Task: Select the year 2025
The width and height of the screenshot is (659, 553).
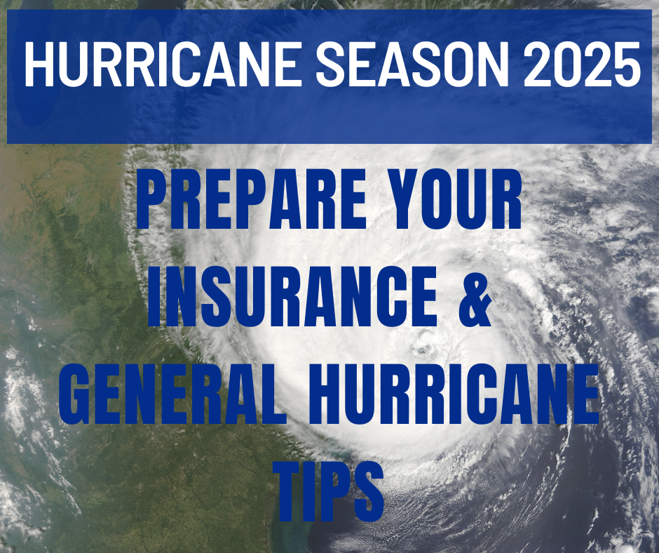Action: point(582,63)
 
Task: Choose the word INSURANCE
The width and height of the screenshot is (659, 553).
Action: point(292,296)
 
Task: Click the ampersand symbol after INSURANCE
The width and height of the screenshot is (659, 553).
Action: point(475,296)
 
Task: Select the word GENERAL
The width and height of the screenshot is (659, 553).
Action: point(172,394)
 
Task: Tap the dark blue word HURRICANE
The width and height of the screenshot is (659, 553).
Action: point(454,394)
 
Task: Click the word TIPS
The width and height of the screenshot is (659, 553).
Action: point(329,491)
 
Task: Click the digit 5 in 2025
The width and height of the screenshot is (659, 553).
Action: point(625,64)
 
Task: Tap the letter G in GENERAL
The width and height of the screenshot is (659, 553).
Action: point(74,394)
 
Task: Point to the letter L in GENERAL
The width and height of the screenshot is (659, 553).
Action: point(273,394)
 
